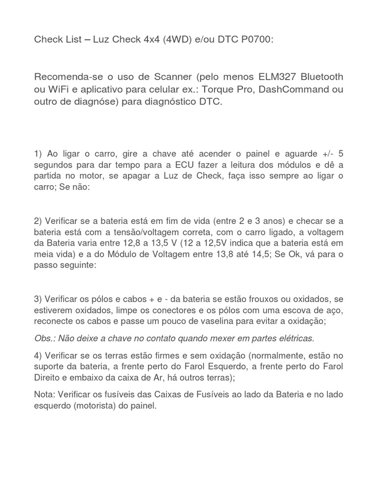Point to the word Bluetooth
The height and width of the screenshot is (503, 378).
pos(322,77)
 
